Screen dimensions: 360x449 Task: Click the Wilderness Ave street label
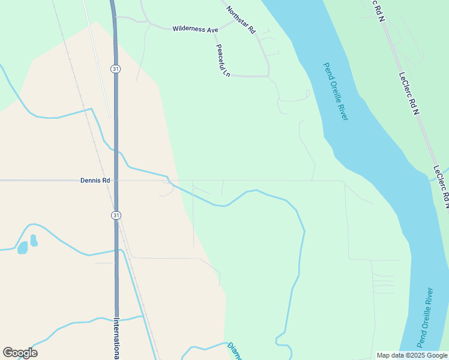coord(195,29)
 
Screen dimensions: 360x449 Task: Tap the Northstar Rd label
coord(241,19)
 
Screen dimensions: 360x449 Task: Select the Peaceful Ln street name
coord(223,60)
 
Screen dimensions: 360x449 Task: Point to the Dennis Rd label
coord(95,180)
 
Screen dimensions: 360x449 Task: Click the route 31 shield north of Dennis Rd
coord(115,69)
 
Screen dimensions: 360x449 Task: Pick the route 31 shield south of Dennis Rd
coord(115,215)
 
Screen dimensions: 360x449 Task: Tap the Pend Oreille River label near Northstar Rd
coord(335,91)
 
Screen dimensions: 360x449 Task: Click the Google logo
coord(20,352)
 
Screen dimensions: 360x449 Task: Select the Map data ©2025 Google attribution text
coord(411,355)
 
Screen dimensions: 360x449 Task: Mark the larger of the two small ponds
coord(22,247)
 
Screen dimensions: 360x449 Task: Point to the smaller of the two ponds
coord(34,240)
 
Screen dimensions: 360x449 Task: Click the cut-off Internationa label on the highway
coord(116,338)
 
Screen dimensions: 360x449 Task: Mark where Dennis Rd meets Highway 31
coord(115,180)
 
